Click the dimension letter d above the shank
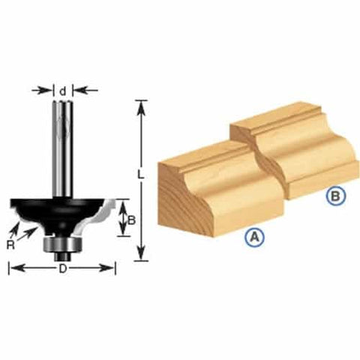tap(64, 91)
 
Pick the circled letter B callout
tap(337, 196)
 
